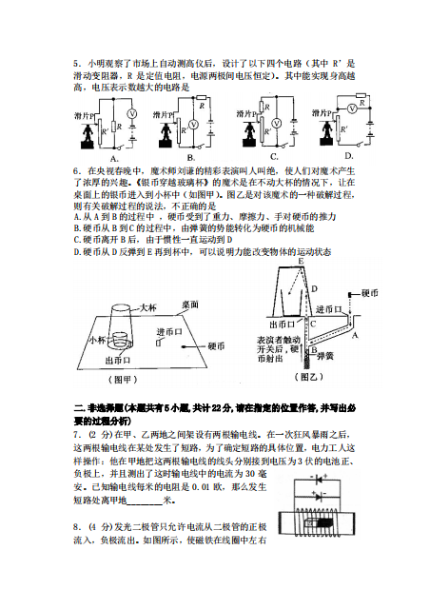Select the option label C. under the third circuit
pos(274,155)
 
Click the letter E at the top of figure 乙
pos(301,261)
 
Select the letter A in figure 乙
pos(356,335)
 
